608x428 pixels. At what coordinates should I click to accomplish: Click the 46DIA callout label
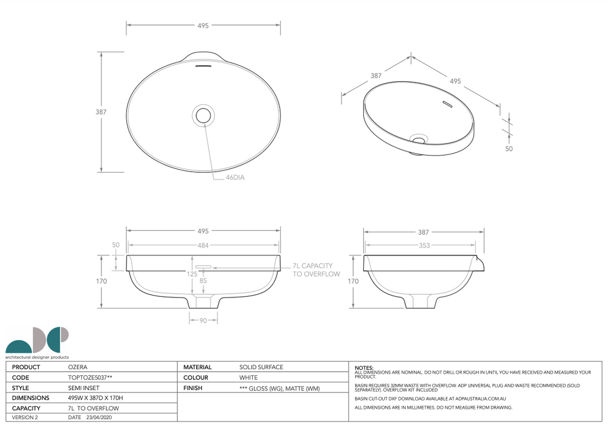click(235, 177)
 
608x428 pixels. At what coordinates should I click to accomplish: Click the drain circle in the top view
click(204, 115)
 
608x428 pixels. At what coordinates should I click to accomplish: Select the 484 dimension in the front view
click(203, 245)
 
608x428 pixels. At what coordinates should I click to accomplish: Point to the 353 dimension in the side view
click(424, 245)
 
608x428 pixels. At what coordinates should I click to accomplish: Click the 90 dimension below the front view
click(203, 321)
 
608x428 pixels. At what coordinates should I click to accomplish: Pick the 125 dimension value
click(192, 274)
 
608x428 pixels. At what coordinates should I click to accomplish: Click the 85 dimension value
click(204, 281)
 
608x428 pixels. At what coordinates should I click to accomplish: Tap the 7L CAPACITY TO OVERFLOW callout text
click(316, 270)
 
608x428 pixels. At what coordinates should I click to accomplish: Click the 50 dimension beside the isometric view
click(509, 149)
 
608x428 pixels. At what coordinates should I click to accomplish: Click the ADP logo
click(37, 341)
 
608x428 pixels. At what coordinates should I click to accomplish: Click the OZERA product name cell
click(78, 367)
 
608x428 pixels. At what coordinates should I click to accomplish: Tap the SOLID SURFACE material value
click(261, 367)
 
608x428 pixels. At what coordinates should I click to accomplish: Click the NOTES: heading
click(364, 368)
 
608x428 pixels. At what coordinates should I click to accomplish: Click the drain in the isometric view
click(420, 140)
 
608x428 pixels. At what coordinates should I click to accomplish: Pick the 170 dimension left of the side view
click(353, 281)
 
